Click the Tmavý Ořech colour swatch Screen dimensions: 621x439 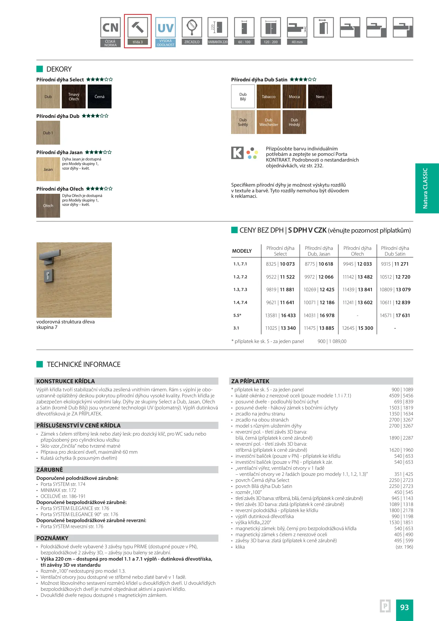pyautogui.click(x=74, y=97)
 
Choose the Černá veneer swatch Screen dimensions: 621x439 pyautogui.click(x=99, y=97)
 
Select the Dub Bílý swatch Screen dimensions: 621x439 pyautogui.click(x=243, y=97)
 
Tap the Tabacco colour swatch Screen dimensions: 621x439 pyautogui.click(x=269, y=97)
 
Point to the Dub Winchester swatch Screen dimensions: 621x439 pyautogui.click(x=269, y=122)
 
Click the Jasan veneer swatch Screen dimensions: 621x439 pyautogui.click(x=48, y=169)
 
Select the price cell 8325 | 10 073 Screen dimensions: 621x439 pyautogui.click(x=280, y=264)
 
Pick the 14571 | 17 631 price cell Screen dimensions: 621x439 pyautogui.click(x=395, y=315)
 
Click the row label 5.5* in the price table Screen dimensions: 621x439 pyautogui.click(x=237, y=315)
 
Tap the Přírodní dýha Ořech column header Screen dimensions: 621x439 pyautogui.click(x=357, y=251)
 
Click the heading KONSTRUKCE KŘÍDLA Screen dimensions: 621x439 pyautogui.click(x=66, y=381)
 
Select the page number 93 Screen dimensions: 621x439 pyautogui.click(x=404, y=607)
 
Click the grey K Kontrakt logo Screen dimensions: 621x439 pyautogui.click(x=237, y=153)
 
